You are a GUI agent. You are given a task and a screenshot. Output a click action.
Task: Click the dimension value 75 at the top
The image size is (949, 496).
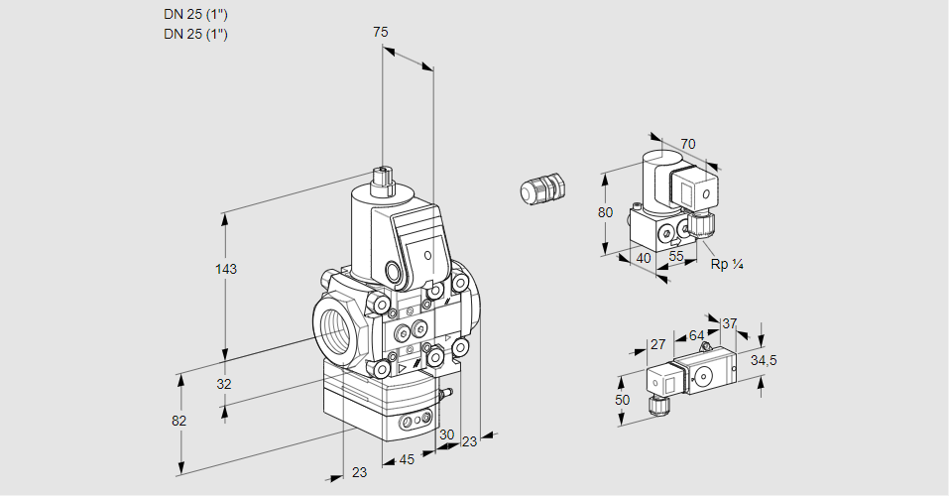pyautogui.click(x=380, y=32)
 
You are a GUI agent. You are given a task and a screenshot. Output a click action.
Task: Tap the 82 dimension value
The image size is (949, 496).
pyautogui.click(x=178, y=421)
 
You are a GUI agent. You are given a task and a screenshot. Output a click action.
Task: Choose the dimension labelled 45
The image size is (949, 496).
pyautogui.click(x=407, y=459)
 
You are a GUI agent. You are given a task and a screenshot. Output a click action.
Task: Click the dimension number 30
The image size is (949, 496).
pyautogui.click(x=446, y=434)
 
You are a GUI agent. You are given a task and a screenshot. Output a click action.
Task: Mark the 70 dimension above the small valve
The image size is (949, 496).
pyautogui.click(x=688, y=144)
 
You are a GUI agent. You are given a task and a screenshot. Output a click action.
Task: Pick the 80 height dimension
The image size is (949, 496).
pyautogui.click(x=607, y=212)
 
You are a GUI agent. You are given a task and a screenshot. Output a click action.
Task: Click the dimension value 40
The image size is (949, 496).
pyautogui.click(x=643, y=258)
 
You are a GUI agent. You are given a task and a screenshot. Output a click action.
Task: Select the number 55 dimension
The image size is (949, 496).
pyautogui.click(x=676, y=257)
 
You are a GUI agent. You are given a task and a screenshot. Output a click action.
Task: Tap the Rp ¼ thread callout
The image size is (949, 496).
pyautogui.click(x=727, y=264)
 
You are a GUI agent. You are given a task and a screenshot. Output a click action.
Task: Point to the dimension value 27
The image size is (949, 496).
pyautogui.click(x=657, y=344)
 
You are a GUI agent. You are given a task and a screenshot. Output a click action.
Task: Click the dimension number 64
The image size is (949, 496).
pyautogui.click(x=696, y=335)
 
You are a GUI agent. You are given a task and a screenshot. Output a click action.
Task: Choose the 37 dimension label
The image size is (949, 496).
pyautogui.click(x=730, y=323)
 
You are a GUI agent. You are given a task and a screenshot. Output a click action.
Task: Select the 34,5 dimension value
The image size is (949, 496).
pyautogui.click(x=764, y=360)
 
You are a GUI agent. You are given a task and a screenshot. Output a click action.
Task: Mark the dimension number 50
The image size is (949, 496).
pyautogui.click(x=622, y=400)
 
